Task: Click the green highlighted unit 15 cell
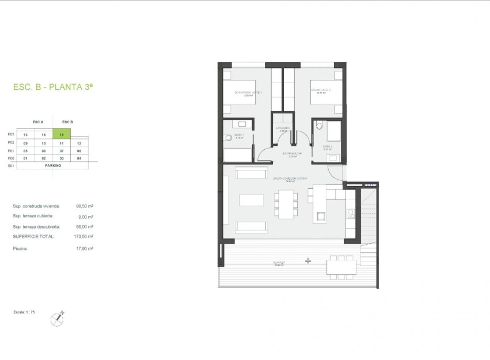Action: [62, 134]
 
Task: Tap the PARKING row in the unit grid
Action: [52, 165]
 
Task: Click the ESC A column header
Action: [38, 122]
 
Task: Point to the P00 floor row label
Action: [10, 157]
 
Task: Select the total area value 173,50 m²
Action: [84, 236]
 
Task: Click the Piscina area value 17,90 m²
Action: [84, 248]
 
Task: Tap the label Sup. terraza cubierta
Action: [36, 217]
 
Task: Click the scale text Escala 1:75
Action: [24, 311]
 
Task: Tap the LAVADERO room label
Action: [283, 128]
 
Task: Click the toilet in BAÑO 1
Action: [228, 138]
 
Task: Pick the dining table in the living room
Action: [286, 204]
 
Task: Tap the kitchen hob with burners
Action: [350, 214]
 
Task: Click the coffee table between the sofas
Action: [251, 200]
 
